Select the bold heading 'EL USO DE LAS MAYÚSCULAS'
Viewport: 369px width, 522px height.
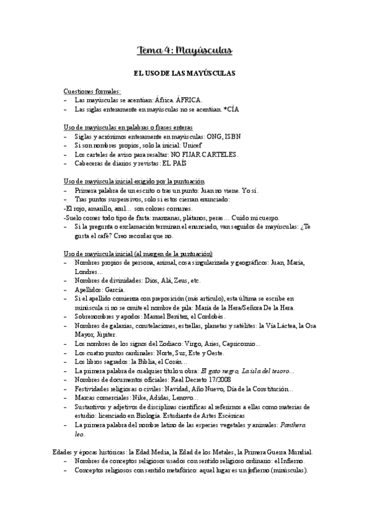click(x=184, y=73)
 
